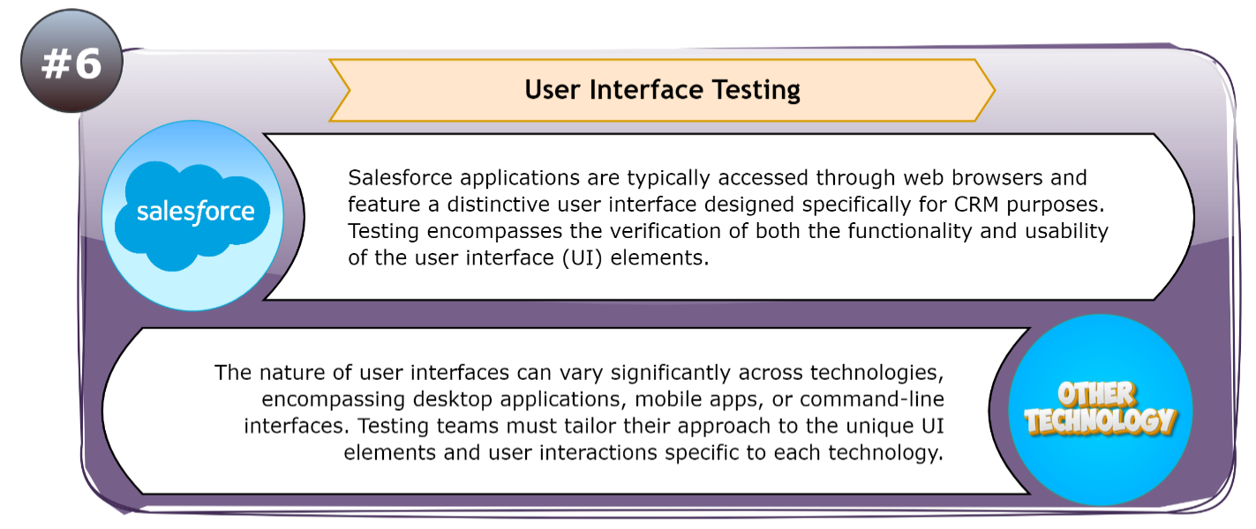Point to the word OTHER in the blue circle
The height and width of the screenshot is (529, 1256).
(x=1097, y=395)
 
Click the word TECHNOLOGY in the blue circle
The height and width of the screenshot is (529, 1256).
(x=1101, y=421)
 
